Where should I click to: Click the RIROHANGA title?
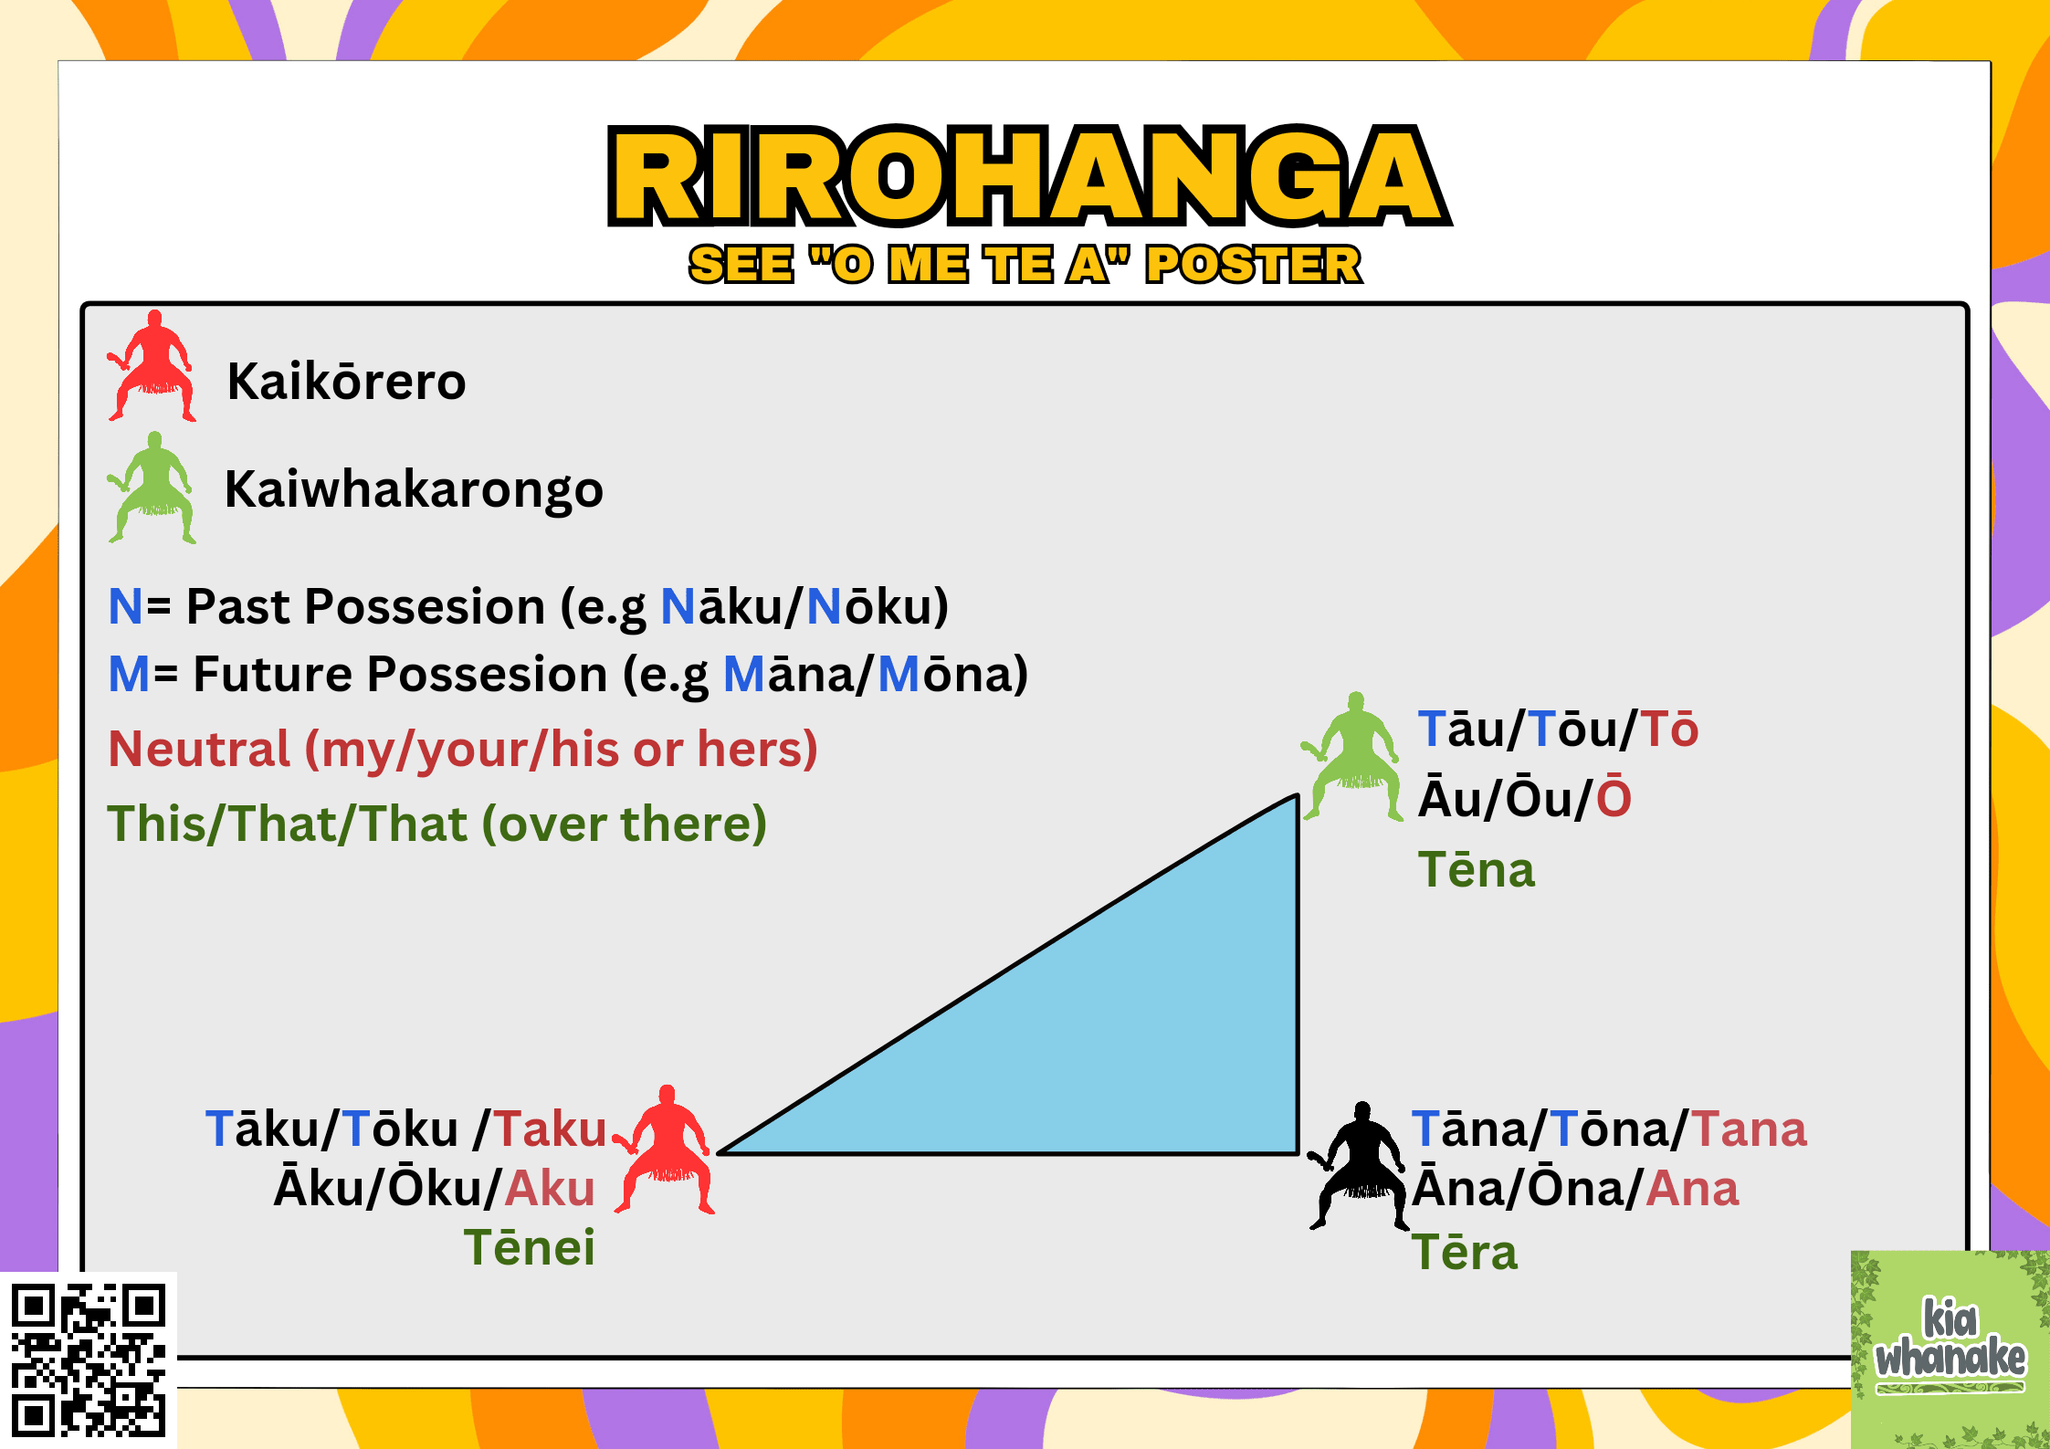(1028, 175)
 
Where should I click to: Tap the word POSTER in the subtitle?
(1254, 265)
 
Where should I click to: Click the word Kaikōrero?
(346, 381)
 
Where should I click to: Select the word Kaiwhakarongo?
(414, 489)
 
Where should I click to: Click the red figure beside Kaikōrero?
(152, 366)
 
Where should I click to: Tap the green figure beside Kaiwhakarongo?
(152, 488)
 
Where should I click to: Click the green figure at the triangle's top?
(1352, 756)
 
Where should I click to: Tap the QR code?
(89, 1360)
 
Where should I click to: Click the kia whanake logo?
(1950, 1349)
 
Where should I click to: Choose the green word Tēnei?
(530, 1247)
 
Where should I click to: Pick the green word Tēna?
(1477, 869)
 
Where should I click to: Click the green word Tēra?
(1465, 1252)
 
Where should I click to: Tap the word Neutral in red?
(199, 749)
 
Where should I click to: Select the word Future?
(272, 674)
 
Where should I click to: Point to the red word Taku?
(551, 1129)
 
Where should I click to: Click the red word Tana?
(1749, 1129)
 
